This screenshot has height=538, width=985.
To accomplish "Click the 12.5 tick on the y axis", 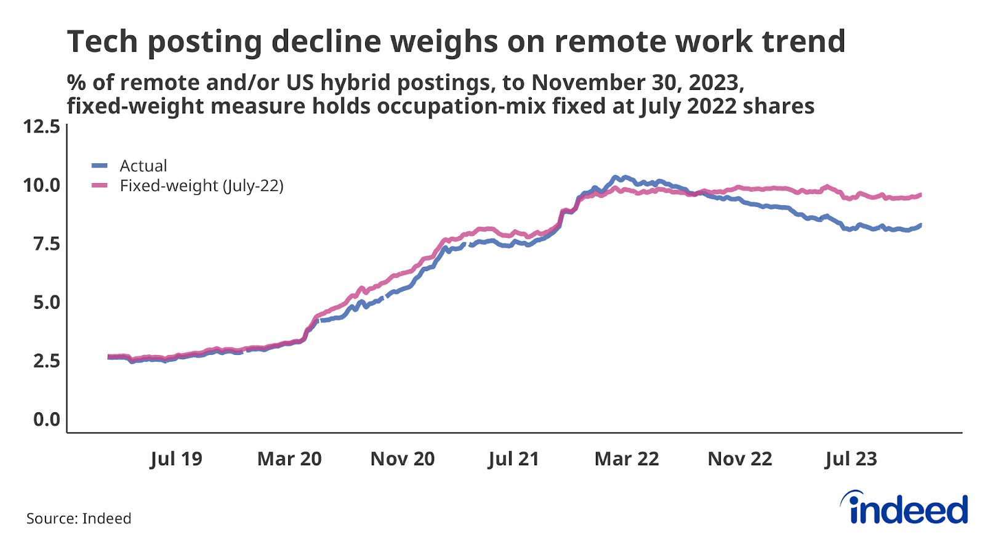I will pyautogui.click(x=41, y=127).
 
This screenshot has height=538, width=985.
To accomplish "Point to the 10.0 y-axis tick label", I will pyautogui.click(x=41, y=185).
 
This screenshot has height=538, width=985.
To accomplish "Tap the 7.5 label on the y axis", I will pyautogui.click(x=46, y=244).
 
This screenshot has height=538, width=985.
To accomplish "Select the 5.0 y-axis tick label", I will pyautogui.click(x=46, y=303).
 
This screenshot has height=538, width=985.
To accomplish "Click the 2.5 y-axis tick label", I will pyautogui.click(x=46, y=361).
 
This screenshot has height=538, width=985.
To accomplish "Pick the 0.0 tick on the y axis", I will pyautogui.click(x=46, y=420).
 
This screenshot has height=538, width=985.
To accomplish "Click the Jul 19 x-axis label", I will pyautogui.click(x=176, y=459).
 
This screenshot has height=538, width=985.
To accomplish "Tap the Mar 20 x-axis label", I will pyautogui.click(x=289, y=459).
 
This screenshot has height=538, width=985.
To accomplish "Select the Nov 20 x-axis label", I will pyautogui.click(x=403, y=459).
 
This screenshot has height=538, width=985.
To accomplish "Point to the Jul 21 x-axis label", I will pyautogui.click(x=513, y=459).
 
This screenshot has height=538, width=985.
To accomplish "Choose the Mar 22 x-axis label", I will pyautogui.click(x=627, y=459).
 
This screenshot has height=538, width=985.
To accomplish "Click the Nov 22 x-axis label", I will pyautogui.click(x=740, y=459).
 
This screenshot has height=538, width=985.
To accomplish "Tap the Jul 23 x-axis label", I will pyautogui.click(x=851, y=459).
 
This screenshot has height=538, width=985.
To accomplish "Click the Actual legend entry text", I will pyautogui.click(x=143, y=166).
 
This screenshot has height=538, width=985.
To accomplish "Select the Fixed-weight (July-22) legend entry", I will pyautogui.click(x=201, y=185).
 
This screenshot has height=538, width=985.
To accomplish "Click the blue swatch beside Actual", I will pyautogui.click(x=100, y=166).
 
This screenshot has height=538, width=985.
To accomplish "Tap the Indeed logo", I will pyautogui.click(x=905, y=508).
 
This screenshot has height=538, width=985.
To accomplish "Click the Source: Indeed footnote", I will pyautogui.click(x=79, y=518).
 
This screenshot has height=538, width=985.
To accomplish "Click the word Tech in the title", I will pyautogui.click(x=102, y=42).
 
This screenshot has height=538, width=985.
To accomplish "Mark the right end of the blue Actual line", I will pyautogui.click(x=920, y=226).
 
